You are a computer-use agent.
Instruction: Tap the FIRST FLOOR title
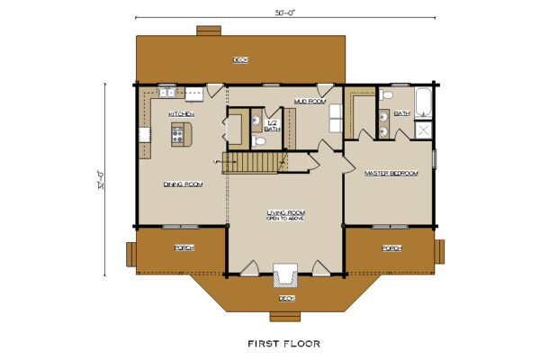pyautogui.click(x=283, y=343)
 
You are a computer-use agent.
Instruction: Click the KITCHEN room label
pyautogui.click(x=182, y=114)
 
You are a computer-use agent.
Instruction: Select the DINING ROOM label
pyautogui.click(x=183, y=184)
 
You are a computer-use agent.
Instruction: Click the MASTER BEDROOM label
pyautogui.click(x=391, y=173)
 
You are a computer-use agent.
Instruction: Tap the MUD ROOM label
pyautogui.click(x=309, y=102)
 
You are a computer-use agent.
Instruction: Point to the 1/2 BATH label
pyautogui.click(x=273, y=126)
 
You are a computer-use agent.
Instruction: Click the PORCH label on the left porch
pyautogui.click(x=184, y=247)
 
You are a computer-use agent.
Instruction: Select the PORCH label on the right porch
pyautogui.click(x=391, y=247)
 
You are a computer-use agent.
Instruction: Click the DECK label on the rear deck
pyautogui.click(x=240, y=59)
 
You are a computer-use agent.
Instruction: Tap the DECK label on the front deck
pyautogui.click(x=286, y=297)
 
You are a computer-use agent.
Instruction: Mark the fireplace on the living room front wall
pyautogui.click(x=286, y=273)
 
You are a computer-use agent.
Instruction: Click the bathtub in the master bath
pyautogui.click(x=423, y=99)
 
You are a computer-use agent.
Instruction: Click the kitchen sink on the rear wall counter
pyautogui.click(x=167, y=91)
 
